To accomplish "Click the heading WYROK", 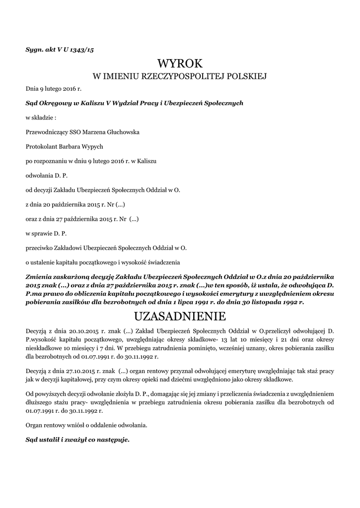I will (x=180, y=63).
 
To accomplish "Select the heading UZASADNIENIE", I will (x=180, y=316).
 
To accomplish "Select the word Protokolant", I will (x=43, y=146).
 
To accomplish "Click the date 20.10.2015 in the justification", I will (x=85, y=330).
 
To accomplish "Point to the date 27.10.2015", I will (x=85, y=371).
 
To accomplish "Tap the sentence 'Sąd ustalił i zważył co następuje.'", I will (x=77, y=440).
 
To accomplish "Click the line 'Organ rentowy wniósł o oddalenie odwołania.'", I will (x=86, y=425).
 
